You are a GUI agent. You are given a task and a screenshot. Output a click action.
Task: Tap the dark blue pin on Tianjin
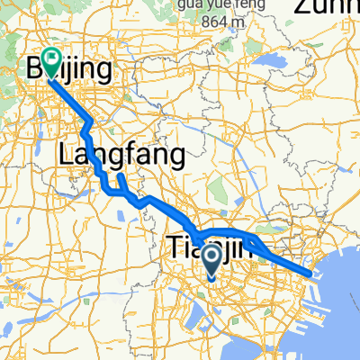coord(212,262)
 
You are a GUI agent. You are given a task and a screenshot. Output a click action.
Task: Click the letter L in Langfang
coord(66,155)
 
